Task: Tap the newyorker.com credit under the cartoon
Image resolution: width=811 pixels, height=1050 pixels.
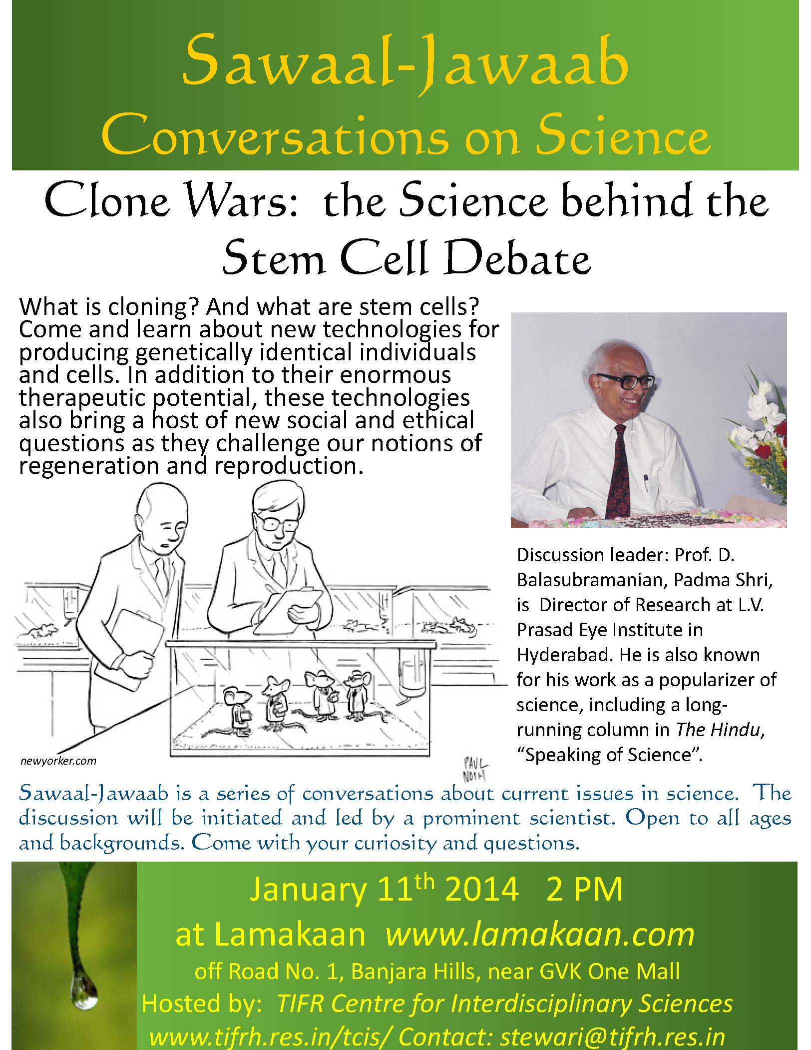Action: pos(58,761)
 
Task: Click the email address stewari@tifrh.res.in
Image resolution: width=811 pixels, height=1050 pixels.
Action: pos(612,1034)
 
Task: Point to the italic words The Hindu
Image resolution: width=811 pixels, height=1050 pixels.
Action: pos(719,730)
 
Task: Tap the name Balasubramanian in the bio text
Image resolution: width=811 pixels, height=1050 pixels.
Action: pos(591,580)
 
